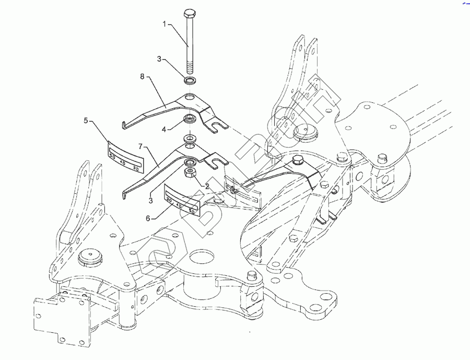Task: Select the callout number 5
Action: pos(85,121)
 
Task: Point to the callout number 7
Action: pos(140,146)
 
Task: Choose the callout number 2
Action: pos(207,186)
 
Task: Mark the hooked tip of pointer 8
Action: pos(123,125)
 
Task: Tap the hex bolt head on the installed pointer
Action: pos(299,159)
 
